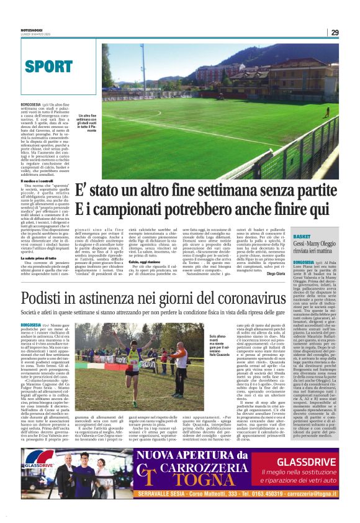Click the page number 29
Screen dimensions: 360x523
point(335,32)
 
